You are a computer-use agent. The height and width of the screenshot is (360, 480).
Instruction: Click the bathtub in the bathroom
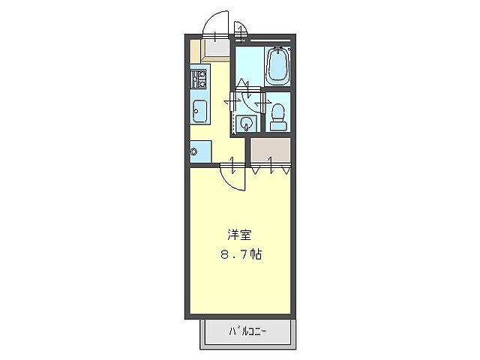(277, 66)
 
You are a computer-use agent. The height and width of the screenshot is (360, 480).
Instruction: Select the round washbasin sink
(246, 124)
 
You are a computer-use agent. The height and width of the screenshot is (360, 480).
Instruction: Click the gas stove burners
(199, 79)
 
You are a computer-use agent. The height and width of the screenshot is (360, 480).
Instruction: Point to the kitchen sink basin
(200, 110)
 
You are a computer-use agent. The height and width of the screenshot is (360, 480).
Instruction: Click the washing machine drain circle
(194, 152)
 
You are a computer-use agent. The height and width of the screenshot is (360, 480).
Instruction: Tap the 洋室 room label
(239, 234)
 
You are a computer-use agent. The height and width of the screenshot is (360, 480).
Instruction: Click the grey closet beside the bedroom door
(270, 151)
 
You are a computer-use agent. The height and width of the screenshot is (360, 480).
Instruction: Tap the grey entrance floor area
(217, 50)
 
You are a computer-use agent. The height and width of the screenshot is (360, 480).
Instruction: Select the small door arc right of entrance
(241, 31)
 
